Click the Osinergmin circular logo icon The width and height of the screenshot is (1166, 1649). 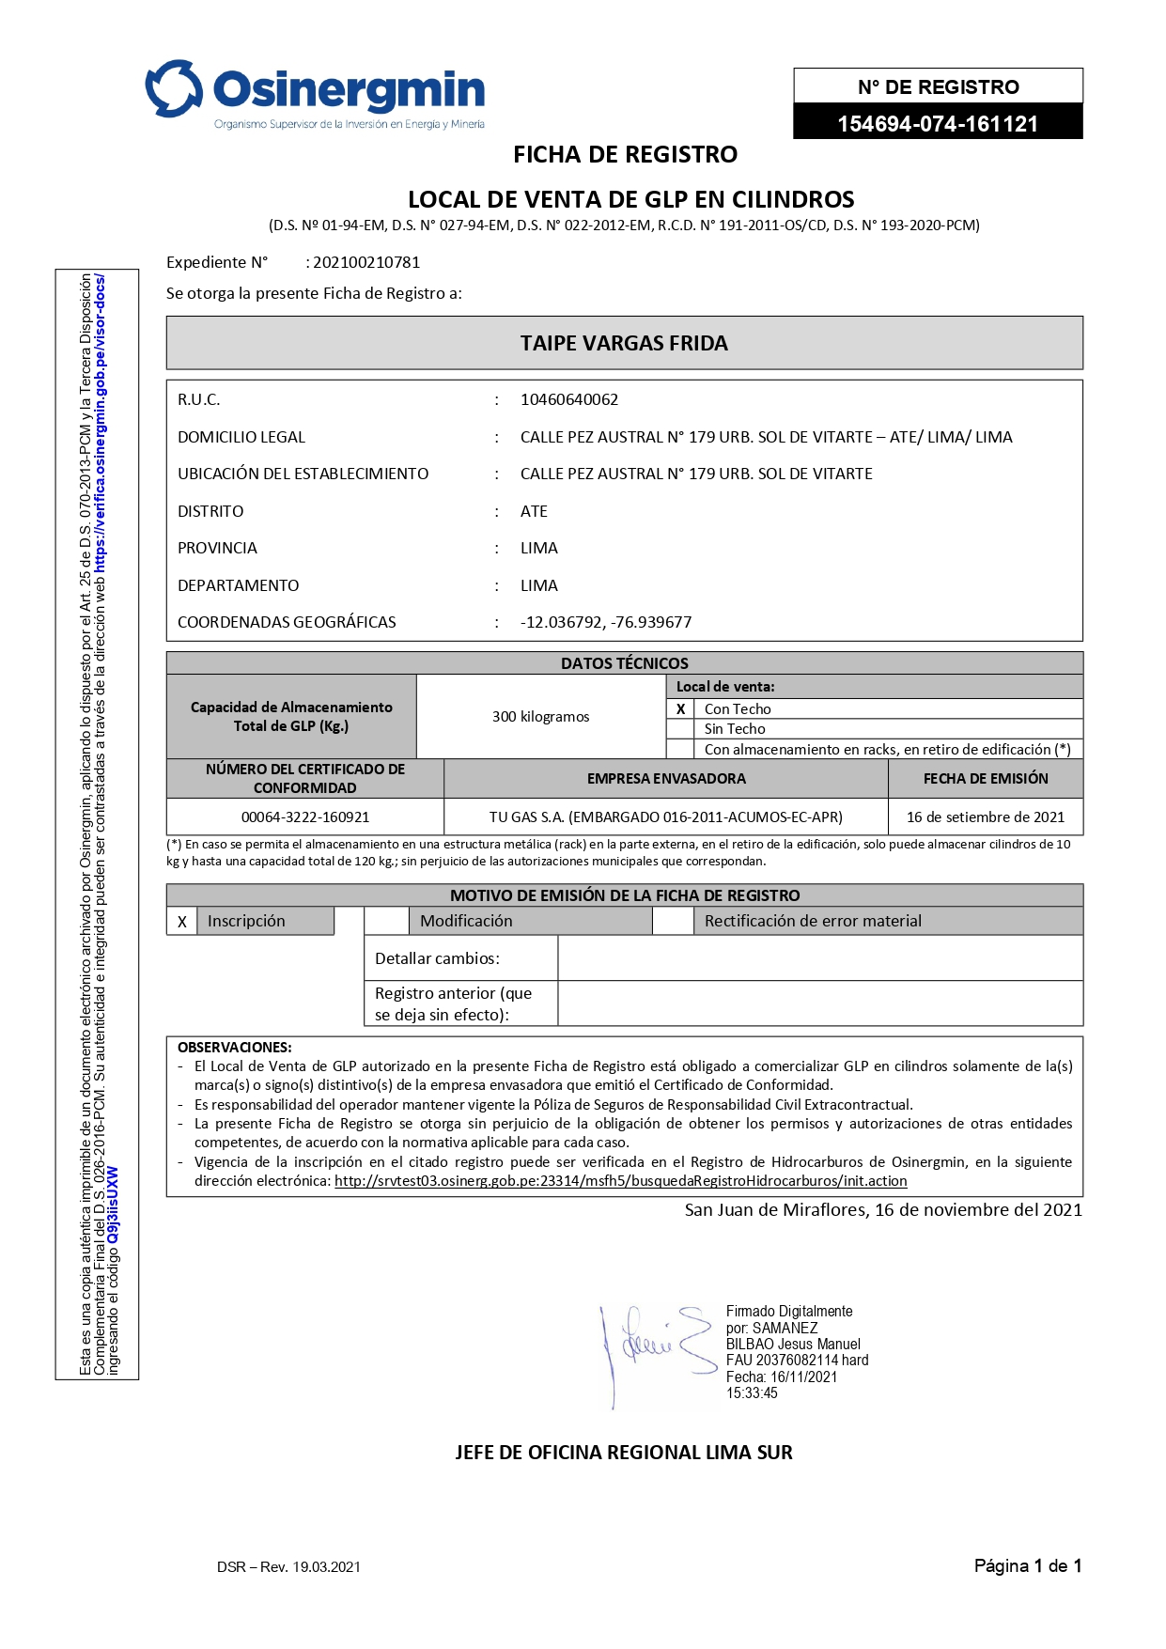pyautogui.click(x=174, y=89)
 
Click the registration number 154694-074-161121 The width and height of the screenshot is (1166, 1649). pyautogui.click(x=937, y=124)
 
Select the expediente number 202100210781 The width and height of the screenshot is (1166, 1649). pyautogui.click(x=366, y=262)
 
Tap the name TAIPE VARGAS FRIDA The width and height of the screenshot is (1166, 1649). pyautogui.click(x=624, y=343)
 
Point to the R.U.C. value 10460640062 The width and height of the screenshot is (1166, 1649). pyautogui.click(x=569, y=399)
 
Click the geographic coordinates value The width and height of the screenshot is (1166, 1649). pyautogui.click(x=606, y=622)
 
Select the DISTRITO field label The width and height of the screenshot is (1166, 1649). pyautogui.click(x=210, y=511)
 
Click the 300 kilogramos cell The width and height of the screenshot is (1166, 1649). pyautogui.click(x=540, y=717)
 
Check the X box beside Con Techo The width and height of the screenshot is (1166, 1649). pyautogui.click(x=680, y=709)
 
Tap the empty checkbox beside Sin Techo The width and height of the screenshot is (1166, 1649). pyautogui.click(x=680, y=729)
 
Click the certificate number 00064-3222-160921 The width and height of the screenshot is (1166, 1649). pyautogui.click(x=305, y=817)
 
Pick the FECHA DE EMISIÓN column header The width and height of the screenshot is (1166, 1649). pyautogui.click(x=985, y=778)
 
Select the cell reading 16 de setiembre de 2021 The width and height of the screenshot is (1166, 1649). pyautogui.click(x=985, y=817)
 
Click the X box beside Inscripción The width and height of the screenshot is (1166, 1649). pyautogui.click(x=182, y=922)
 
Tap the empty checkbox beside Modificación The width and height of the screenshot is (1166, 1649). pyautogui.click(x=386, y=921)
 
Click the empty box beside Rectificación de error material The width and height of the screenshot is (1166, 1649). pyautogui.click(x=673, y=921)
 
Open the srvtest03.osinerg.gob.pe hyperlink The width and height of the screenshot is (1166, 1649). pyautogui.click(x=620, y=1181)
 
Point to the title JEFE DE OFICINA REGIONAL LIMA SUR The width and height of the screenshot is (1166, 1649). pyautogui.click(x=624, y=1453)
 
